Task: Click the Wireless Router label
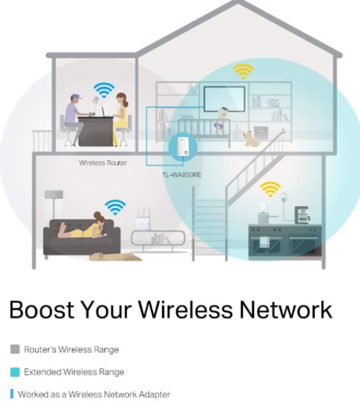[x=103, y=163]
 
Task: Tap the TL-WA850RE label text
[x=181, y=175]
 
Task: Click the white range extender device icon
[x=184, y=147]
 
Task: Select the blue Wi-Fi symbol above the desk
[x=104, y=90]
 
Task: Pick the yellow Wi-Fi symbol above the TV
[x=243, y=72]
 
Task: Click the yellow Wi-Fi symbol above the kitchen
[x=270, y=189]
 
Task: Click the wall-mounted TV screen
[x=224, y=99]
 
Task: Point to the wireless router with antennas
[x=143, y=219]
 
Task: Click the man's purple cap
[x=77, y=97]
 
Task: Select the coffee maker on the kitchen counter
[x=302, y=215]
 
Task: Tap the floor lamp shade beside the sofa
[x=54, y=194]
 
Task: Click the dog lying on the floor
[x=115, y=257]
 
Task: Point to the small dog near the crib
[x=250, y=138]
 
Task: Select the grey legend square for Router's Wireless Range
[x=15, y=349]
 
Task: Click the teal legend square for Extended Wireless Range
[x=15, y=372]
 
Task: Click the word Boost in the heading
[x=42, y=309]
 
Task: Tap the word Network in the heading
[x=286, y=309]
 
